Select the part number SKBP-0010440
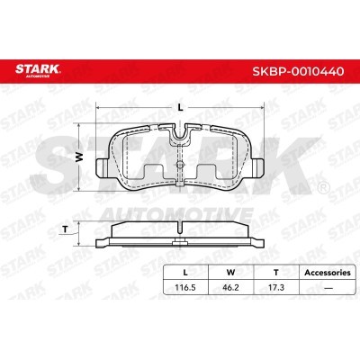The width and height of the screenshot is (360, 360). [x=298, y=71]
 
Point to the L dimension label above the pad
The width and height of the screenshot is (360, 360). [x=180, y=107]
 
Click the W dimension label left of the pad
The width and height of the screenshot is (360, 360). [x=78, y=157]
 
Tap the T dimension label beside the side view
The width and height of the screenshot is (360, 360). [x=65, y=229]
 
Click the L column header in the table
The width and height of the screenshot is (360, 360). [x=185, y=273]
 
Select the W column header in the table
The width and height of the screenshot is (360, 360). [x=230, y=273]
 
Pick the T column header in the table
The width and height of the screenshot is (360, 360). [x=276, y=273]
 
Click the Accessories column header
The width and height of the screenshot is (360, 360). [x=328, y=273]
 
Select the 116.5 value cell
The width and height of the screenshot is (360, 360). [x=185, y=287]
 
